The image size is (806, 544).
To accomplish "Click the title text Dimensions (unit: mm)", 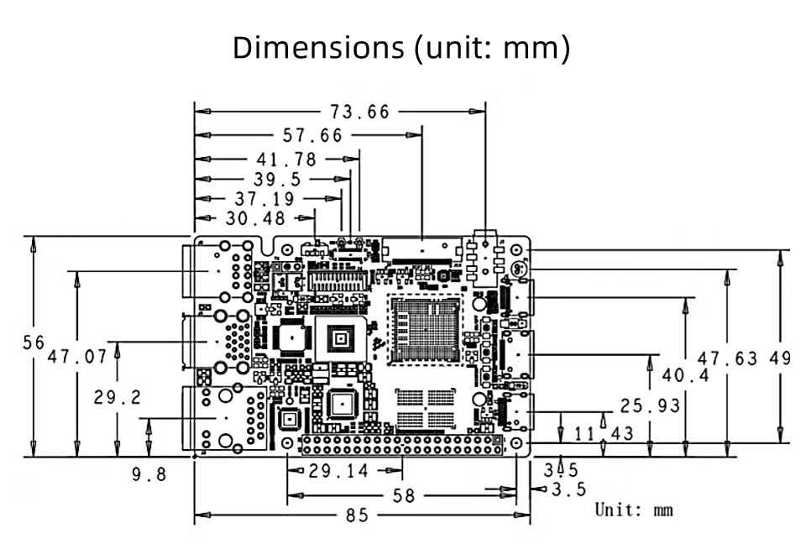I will tap(401, 48).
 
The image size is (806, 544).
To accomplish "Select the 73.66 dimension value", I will tap(359, 112).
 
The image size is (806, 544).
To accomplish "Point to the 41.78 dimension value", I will tap(286, 160).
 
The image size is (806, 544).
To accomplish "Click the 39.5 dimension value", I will tap(277, 180).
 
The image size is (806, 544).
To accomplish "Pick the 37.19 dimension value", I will tap(265, 199).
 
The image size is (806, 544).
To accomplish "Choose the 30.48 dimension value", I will tap(256, 219).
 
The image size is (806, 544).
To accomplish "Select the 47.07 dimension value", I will tap(77, 357).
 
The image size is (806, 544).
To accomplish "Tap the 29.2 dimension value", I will tap(118, 397).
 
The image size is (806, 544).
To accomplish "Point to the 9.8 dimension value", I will tap(149, 475).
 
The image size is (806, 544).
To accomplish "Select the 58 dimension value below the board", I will tap(404, 496).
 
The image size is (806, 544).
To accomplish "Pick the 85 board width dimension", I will tap(357, 515).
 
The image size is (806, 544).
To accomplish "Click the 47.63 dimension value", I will tap(728, 358).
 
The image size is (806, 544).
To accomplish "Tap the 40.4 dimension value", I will tap(685, 375).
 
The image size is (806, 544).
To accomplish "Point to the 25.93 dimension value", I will tap(650, 406).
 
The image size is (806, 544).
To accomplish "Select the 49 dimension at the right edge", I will tap(780, 358).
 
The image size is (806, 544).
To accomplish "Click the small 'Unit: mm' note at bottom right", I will tap(634, 509).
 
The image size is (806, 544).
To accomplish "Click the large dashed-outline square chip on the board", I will tap(426, 329).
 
